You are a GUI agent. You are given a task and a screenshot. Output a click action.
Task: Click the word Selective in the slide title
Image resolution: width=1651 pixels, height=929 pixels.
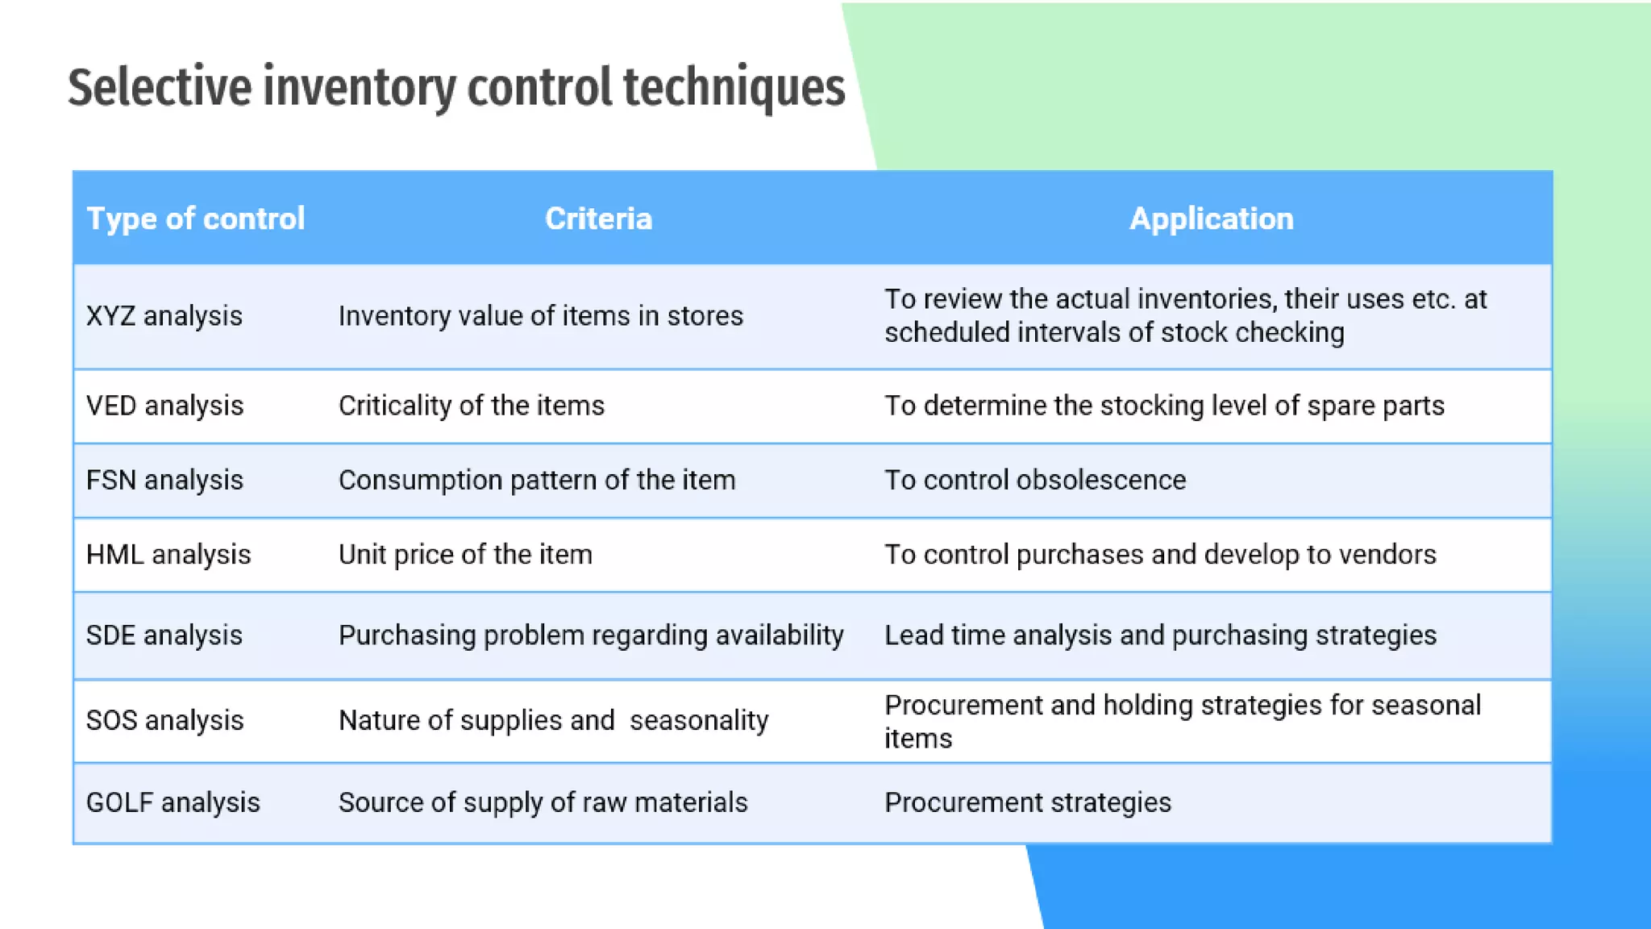pos(160,87)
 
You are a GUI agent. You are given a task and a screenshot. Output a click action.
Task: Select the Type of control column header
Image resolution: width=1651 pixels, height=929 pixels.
pos(196,219)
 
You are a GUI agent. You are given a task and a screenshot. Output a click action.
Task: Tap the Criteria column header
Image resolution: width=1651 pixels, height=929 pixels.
pos(598,219)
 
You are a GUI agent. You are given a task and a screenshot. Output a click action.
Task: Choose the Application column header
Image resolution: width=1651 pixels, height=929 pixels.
pos(1211,219)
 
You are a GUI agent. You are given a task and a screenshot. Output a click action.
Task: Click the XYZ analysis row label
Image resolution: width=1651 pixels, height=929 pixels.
pos(164,316)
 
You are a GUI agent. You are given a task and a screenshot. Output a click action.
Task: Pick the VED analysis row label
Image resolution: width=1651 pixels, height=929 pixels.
pos(164,406)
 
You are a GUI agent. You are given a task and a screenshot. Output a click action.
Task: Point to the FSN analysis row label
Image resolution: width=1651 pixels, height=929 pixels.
pos(164,481)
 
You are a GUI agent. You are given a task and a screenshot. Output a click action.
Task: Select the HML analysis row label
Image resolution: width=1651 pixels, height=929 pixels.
pos(168,555)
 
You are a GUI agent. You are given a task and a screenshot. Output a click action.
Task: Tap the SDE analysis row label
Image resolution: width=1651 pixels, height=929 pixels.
pos(164,635)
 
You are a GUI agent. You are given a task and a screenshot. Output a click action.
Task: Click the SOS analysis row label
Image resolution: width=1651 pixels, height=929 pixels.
pos(164,720)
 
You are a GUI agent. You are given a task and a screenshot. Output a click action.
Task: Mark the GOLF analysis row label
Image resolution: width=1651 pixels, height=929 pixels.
pos(173,803)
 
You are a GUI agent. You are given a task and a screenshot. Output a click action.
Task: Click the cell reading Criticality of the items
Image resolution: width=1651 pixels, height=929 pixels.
pos(472,406)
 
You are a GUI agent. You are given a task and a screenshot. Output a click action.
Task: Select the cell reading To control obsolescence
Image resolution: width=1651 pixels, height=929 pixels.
pos(1035,481)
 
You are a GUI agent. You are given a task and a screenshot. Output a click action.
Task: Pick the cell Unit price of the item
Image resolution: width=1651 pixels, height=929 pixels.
pos(465,555)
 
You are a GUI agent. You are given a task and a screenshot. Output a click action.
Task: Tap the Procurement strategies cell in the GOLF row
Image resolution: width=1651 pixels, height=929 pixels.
pos(1028,803)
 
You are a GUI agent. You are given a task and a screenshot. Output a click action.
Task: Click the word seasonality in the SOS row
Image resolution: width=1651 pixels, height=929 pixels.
pos(699,720)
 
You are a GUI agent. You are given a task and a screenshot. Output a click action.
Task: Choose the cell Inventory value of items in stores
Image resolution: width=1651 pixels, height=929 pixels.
pos(541,316)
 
